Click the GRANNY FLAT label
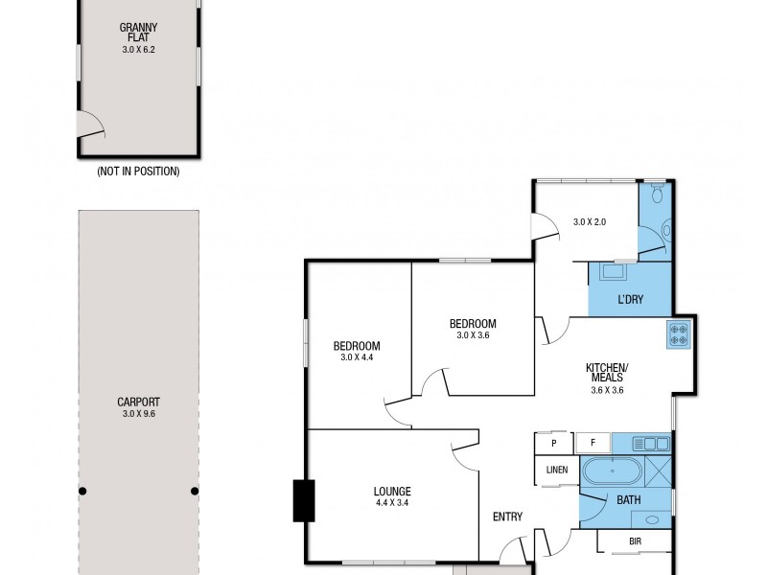click(139, 33)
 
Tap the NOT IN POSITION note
click(139, 172)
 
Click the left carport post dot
click(83, 491)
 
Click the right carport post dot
click(195, 491)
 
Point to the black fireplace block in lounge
click(303, 498)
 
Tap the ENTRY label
click(507, 517)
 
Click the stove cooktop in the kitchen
click(679, 334)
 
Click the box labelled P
click(553, 444)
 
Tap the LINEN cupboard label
click(556, 470)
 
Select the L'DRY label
click(630, 300)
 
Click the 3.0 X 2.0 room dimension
click(591, 222)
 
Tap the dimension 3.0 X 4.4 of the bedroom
click(357, 357)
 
